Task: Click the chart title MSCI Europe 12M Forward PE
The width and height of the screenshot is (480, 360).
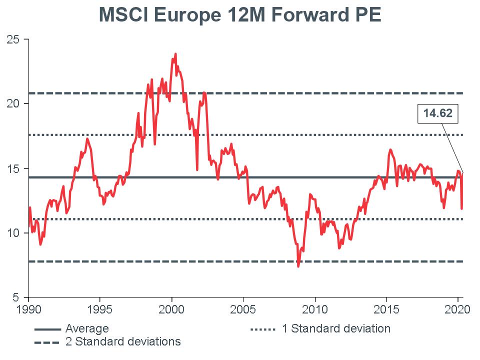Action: tap(240, 14)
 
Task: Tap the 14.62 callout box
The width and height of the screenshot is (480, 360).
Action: tap(437, 114)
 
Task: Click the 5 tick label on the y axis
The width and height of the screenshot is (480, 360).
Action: tap(16, 297)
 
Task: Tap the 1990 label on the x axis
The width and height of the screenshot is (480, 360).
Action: tap(28, 308)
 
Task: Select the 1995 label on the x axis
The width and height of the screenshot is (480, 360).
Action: tap(100, 308)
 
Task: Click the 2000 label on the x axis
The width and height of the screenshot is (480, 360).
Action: tap(171, 308)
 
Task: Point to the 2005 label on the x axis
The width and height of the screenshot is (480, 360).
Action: tap(243, 308)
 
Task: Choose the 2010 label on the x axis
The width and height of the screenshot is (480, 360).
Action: tap(315, 308)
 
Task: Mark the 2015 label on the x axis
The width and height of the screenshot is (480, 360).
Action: tap(386, 308)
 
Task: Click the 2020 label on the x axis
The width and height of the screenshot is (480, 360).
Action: tap(458, 308)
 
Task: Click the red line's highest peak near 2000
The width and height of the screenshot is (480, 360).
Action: tap(175, 54)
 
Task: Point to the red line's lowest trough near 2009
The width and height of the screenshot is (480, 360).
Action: tap(298, 266)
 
